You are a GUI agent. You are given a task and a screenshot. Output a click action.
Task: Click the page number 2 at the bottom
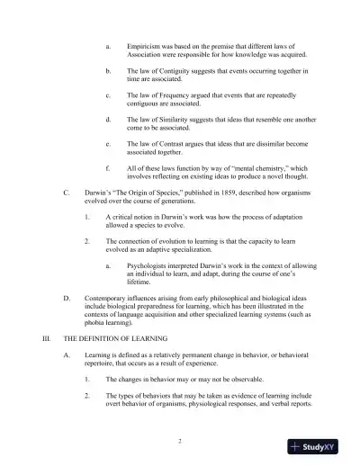180,442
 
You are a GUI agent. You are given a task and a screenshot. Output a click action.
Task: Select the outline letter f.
107,168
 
